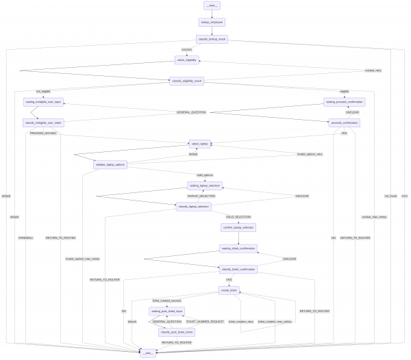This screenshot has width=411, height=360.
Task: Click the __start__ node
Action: point(212,5)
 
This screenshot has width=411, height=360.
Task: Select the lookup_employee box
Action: point(212,23)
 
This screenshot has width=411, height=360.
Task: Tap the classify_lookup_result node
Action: point(212,39)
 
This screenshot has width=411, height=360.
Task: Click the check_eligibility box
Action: point(187,60)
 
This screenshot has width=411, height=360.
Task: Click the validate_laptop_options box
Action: point(110,165)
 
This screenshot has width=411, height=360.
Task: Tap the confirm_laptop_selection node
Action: point(238,227)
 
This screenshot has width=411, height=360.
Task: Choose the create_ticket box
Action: point(229,290)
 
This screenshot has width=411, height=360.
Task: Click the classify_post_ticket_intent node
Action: point(176,332)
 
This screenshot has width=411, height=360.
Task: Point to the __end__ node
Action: point(148,353)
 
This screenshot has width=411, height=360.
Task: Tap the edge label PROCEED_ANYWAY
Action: point(43,133)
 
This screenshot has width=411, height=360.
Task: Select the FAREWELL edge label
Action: point(26,237)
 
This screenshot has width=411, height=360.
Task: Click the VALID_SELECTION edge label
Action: point(238,216)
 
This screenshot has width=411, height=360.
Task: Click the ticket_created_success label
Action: point(166,300)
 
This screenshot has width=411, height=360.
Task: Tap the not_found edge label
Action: point(391,196)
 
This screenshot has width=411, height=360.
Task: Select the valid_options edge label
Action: point(205,175)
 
